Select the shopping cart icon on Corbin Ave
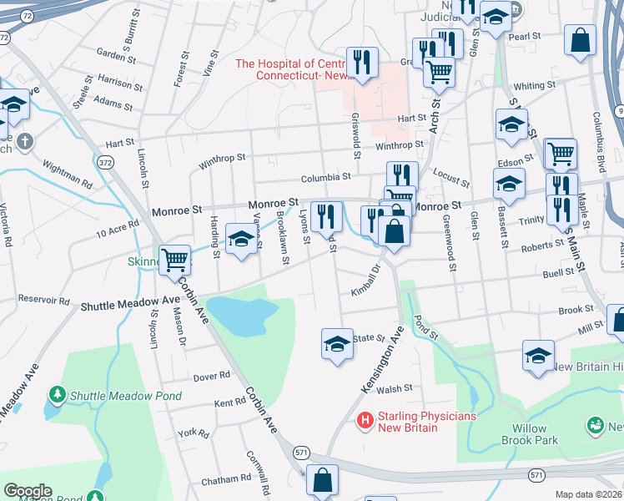click(x=175, y=261)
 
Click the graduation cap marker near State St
click(x=337, y=343)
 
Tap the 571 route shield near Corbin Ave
click(x=301, y=451)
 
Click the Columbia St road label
click(x=325, y=177)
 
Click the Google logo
click(x=28, y=491)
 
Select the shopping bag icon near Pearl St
click(x=581, y=39)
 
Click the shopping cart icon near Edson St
click(x=561, y=154)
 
